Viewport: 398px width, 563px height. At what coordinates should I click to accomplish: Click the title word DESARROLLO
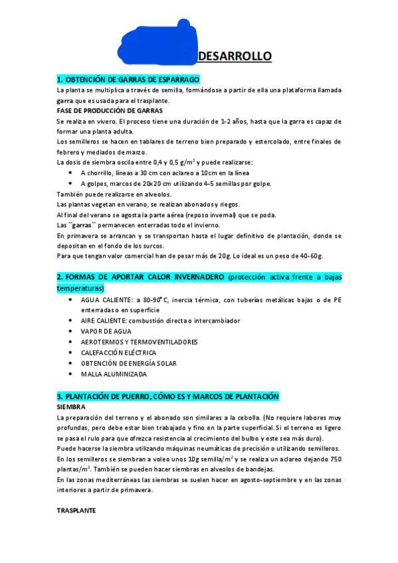[x=235, y=56]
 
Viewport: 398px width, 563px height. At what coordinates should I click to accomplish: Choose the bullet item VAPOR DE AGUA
[x=106, y=331]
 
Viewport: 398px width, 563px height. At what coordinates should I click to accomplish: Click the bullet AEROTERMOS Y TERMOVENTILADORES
[x=139, y=342]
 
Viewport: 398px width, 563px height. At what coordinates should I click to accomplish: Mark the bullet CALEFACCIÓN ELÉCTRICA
[x=118, y=353]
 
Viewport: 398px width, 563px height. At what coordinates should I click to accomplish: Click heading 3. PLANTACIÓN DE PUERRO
[x=167, y=396]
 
